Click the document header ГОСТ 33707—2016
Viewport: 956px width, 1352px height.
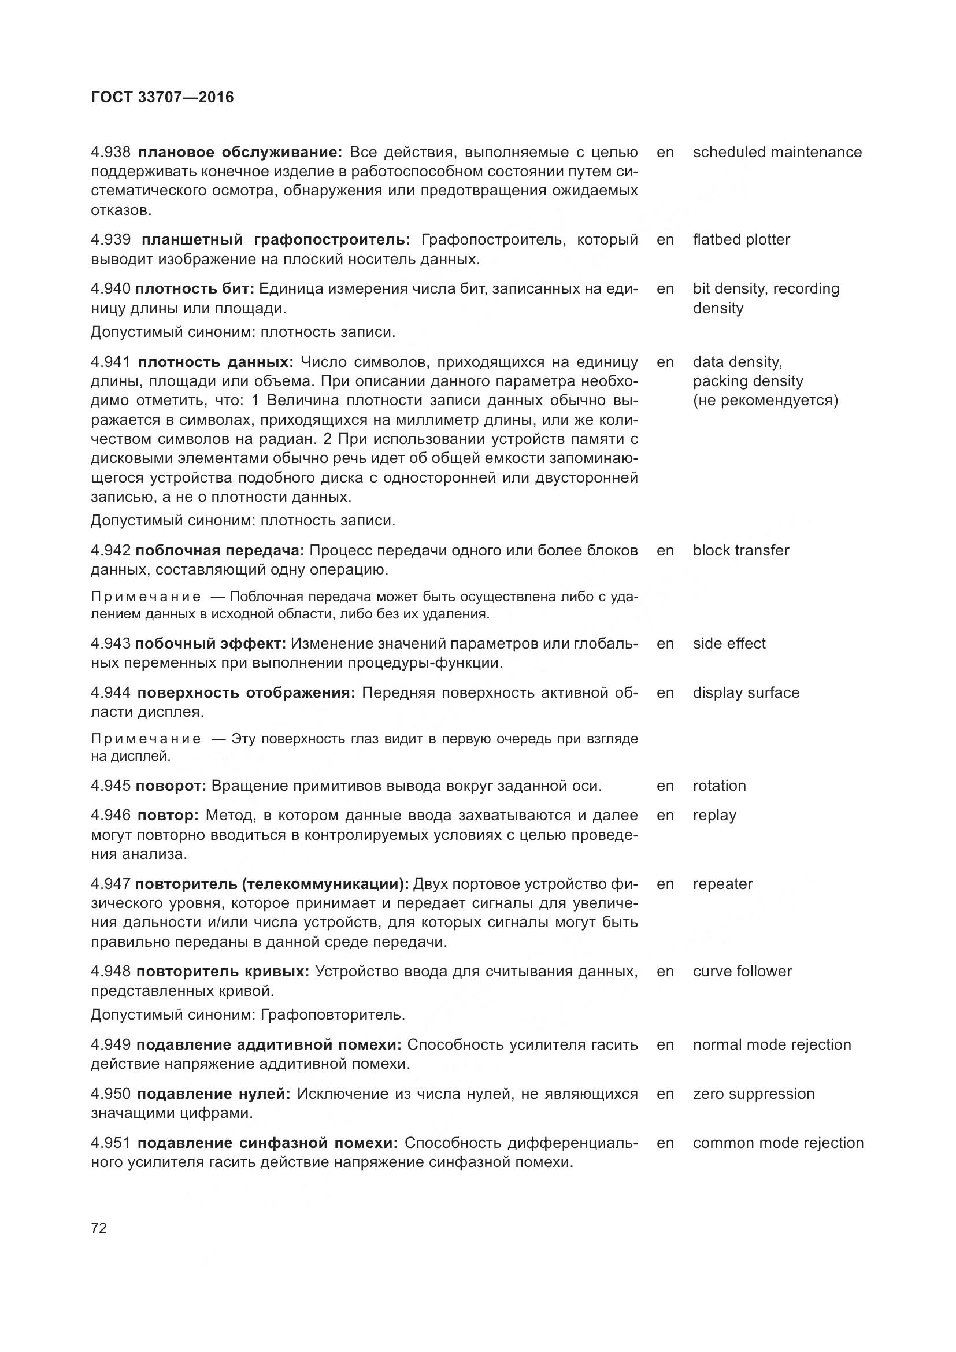[x=162, y=97]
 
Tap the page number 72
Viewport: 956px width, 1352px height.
[x=99, y=1228]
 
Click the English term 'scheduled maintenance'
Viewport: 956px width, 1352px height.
[x=777, y=153]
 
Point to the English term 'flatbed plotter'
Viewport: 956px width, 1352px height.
[x=741, y=240]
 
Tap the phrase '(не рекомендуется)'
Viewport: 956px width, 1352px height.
[x=765, y=401]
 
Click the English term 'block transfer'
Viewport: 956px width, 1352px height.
[x=740, y=551]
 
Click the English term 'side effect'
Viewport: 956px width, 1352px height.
[x=729, y=643]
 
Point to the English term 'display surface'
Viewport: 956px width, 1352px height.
[x=746, y=692]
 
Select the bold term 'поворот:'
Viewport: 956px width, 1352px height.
[x=171, y=786]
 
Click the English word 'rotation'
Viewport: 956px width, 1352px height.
[x=719, y=786]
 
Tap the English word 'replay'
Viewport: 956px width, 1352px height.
[x=714, y=816]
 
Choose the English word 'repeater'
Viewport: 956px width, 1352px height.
[x=722, y=884]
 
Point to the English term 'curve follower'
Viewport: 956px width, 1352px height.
[x=742, y=972]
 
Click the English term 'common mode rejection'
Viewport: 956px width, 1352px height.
[x=777, y=1143]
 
